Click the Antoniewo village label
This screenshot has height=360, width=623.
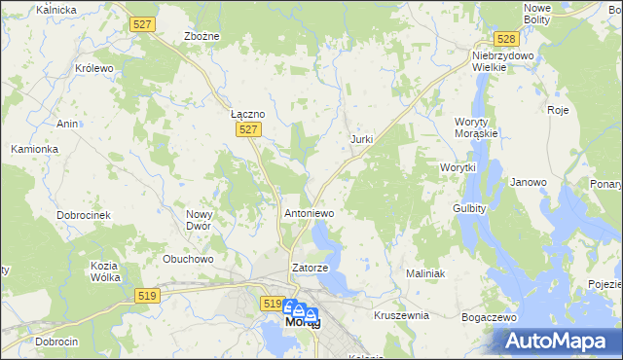pyautogui.click(x=309, y=212)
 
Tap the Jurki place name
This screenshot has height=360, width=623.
pyautogui.click(x=361, y=140)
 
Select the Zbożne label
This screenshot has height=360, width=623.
pyautogui.click(x=202, y=36)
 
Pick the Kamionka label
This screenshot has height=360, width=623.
pyautogui.click(x=35, y=149)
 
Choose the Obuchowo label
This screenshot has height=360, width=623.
pyautogui.click(x=188, y=259)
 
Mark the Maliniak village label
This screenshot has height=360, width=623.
pyautogui.click(x=424, y=274)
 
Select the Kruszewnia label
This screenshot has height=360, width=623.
pyautogui.click(x=402, y=316)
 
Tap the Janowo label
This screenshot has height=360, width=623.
pyautogui.click(x=529, y=182)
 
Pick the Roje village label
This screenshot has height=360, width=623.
pyautogui.click(x=558, y=110)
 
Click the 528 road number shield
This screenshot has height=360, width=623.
pyautogui.click(x=504, y=39)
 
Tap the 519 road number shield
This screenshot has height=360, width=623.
pyautogui.click(x=273, y=304)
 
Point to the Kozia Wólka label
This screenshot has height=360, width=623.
pyautogui.click(x=104, y=271)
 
